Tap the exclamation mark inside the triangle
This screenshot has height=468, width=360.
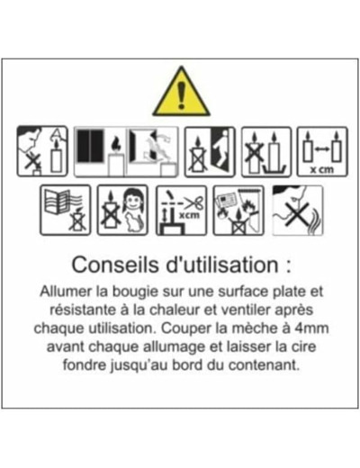point(181,94)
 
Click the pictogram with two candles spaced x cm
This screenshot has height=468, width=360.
point(322,152)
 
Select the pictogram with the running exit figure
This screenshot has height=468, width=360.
point(210,152)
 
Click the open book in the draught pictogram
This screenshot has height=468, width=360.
point(57,202)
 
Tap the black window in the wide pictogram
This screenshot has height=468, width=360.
point(90,146)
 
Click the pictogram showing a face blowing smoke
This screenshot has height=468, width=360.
point(297,211)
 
